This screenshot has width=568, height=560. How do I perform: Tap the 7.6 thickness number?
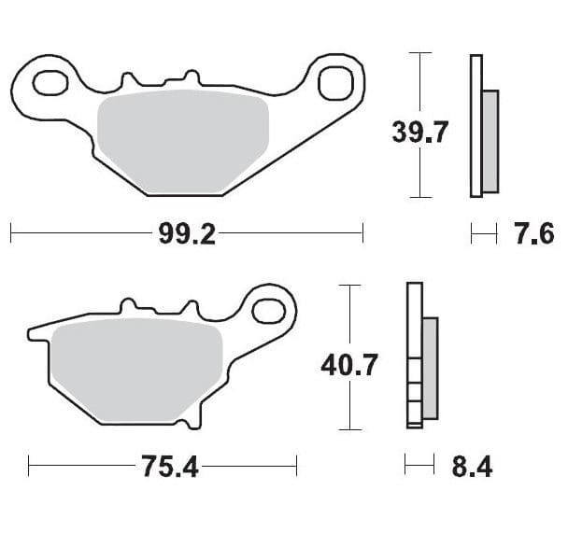534,233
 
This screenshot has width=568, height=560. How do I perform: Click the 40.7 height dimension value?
348,364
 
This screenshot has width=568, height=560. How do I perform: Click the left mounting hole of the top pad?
48,83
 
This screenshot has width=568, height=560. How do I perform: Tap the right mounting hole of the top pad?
333,83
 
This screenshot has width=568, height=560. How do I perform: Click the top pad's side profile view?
476,126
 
